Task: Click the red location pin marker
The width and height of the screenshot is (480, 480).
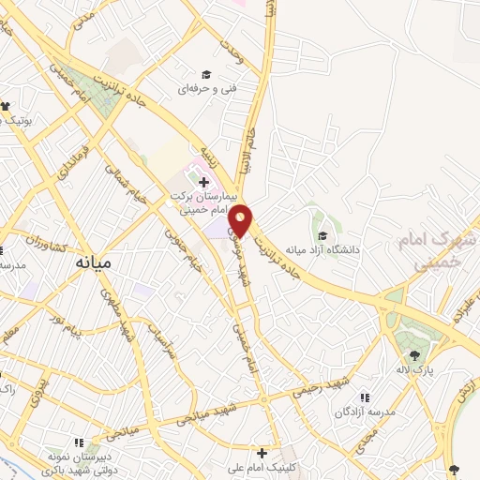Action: tap(241, 218)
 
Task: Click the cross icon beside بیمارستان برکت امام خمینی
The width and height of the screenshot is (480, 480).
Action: tap(204, 180)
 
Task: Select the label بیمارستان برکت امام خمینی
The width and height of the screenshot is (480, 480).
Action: tap(198, 204)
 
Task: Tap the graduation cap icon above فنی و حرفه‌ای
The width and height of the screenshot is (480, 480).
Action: tap(206, 75)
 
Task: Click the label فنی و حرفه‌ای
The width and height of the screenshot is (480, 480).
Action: tap(206, 91)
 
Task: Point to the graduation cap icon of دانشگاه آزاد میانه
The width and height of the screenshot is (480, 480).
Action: tap(323, 235)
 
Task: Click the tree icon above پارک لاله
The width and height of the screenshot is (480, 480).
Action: tap(414, 355)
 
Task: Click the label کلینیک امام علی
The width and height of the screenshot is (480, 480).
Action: tap(263, 468)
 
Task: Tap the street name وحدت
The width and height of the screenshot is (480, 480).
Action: tap(233, 51)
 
